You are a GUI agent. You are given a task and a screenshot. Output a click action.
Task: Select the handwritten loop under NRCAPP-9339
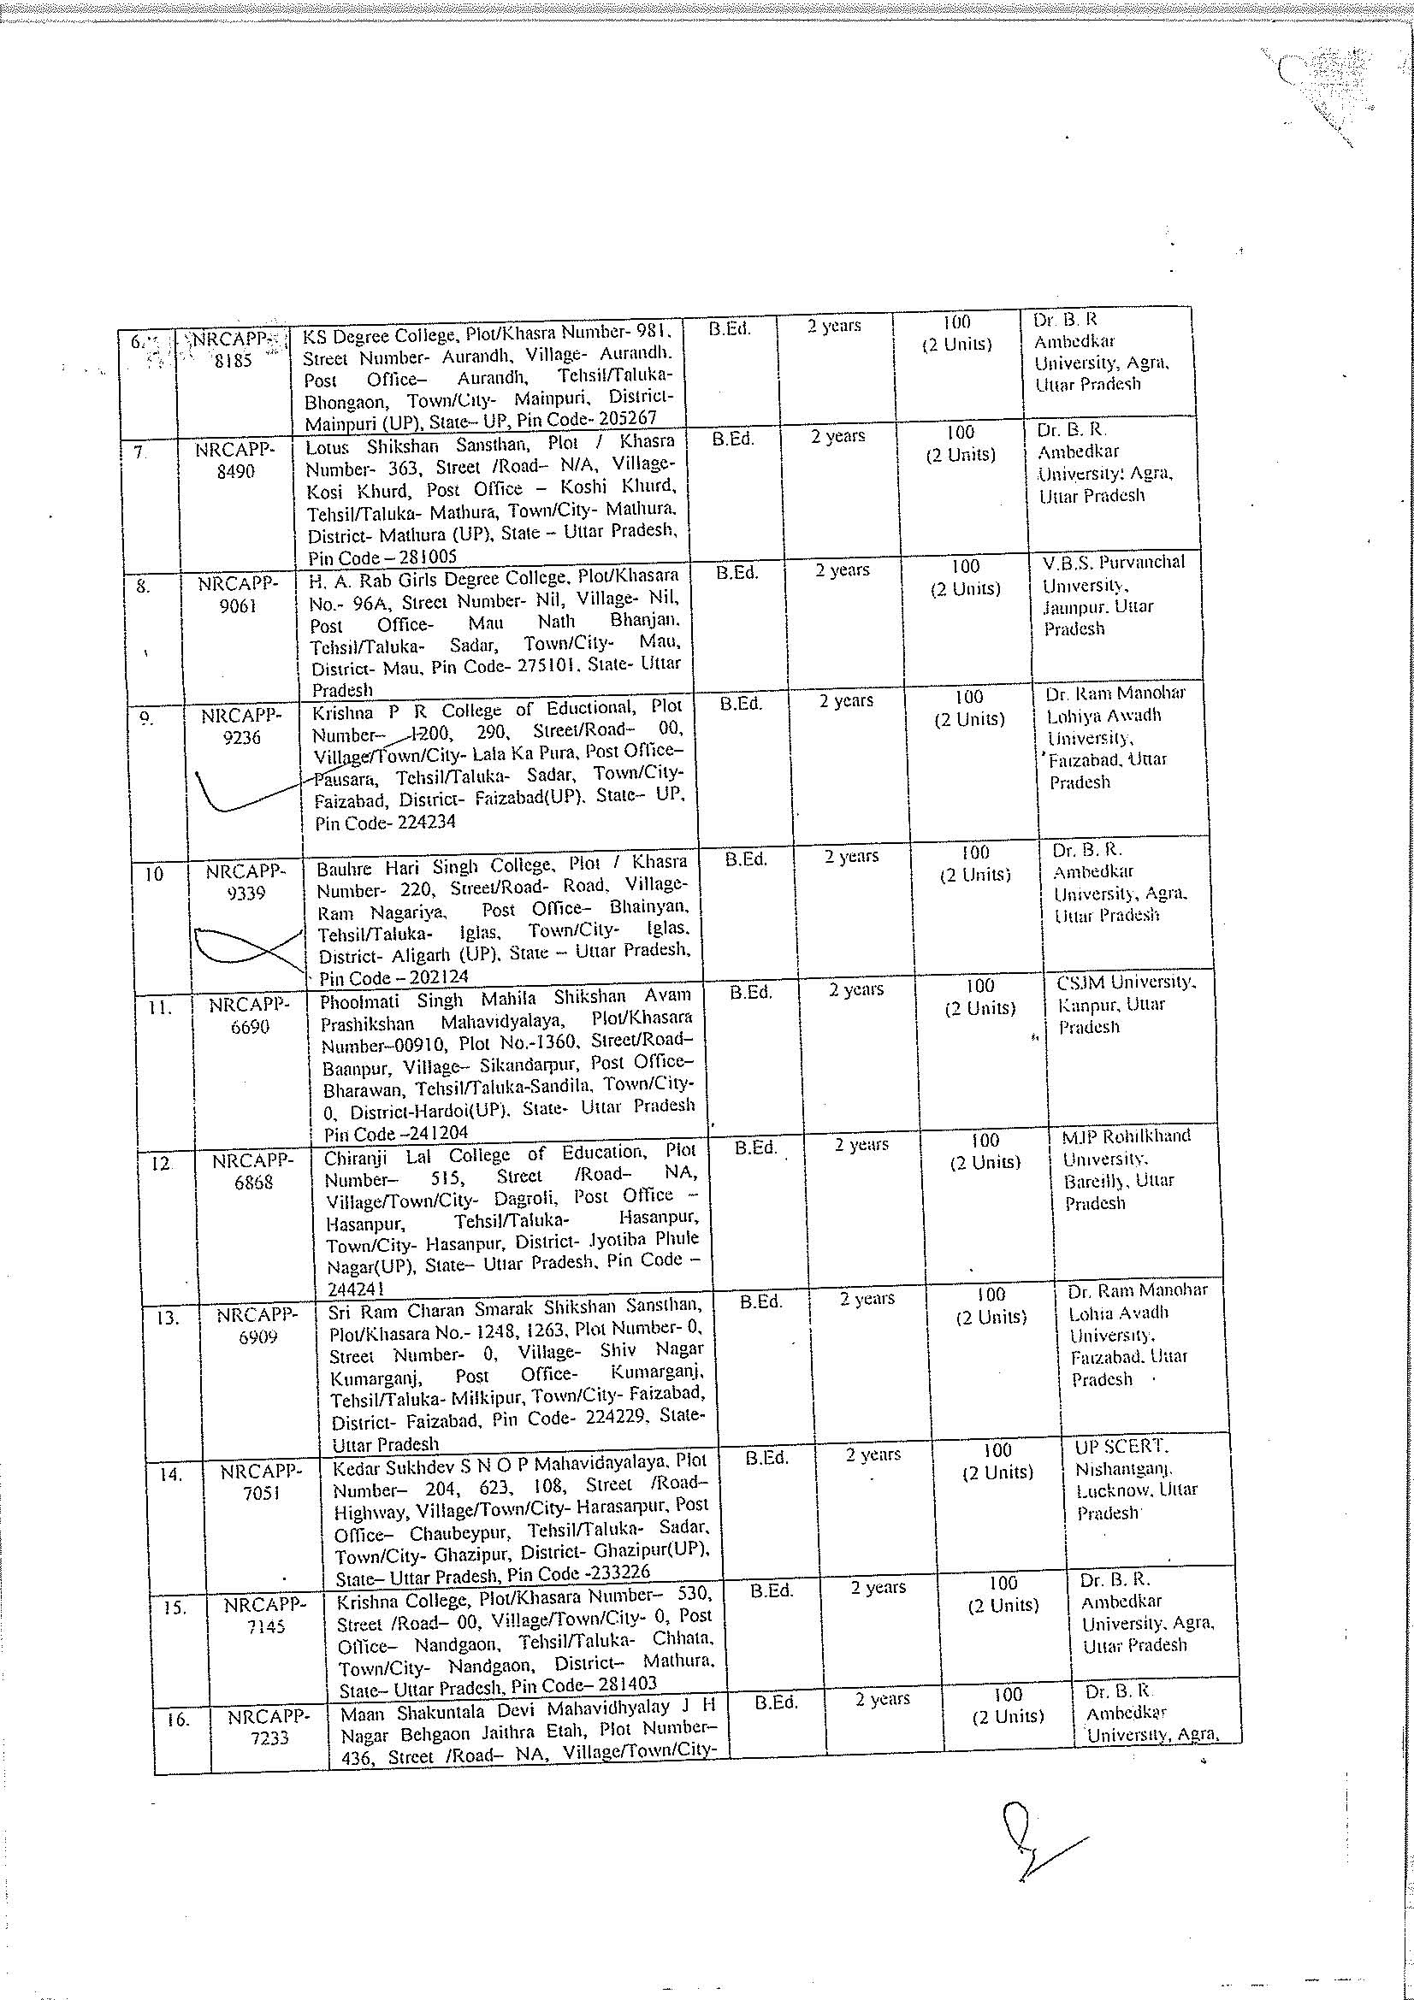click(240, 947)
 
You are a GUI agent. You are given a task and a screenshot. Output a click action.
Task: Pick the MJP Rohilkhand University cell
click(1125, 1169)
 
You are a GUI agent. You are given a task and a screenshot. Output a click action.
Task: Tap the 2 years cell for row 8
click(843, 570)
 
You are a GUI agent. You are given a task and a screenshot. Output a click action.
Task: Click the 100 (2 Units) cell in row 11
click(980, 997)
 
